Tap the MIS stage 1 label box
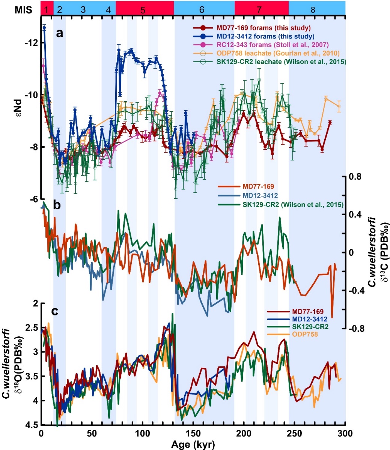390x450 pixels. point(47,10)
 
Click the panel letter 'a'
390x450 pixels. point(59,33)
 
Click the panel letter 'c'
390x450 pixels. point(55,312)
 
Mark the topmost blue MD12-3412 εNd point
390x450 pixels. point(44,27)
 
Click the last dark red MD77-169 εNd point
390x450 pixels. point(330,122)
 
